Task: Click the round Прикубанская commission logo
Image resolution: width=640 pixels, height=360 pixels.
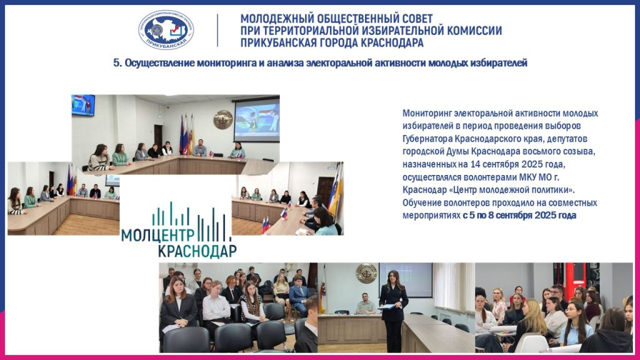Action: pos(166,30)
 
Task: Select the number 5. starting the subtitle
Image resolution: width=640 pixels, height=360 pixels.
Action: pos(117,63)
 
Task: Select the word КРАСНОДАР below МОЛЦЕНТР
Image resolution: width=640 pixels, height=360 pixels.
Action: pos(197,251)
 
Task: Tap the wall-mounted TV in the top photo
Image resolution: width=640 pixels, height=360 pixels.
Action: pos(83,105)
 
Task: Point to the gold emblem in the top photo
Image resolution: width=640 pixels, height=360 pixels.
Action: pos(223,119)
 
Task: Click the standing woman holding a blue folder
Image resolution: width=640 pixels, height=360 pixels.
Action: pos(394,310)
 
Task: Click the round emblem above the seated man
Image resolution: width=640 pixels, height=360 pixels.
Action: pos(366,272)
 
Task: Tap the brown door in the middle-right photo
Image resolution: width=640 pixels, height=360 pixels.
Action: pos(325,192)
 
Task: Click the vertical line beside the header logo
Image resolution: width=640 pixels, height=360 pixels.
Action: pos(217,30)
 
